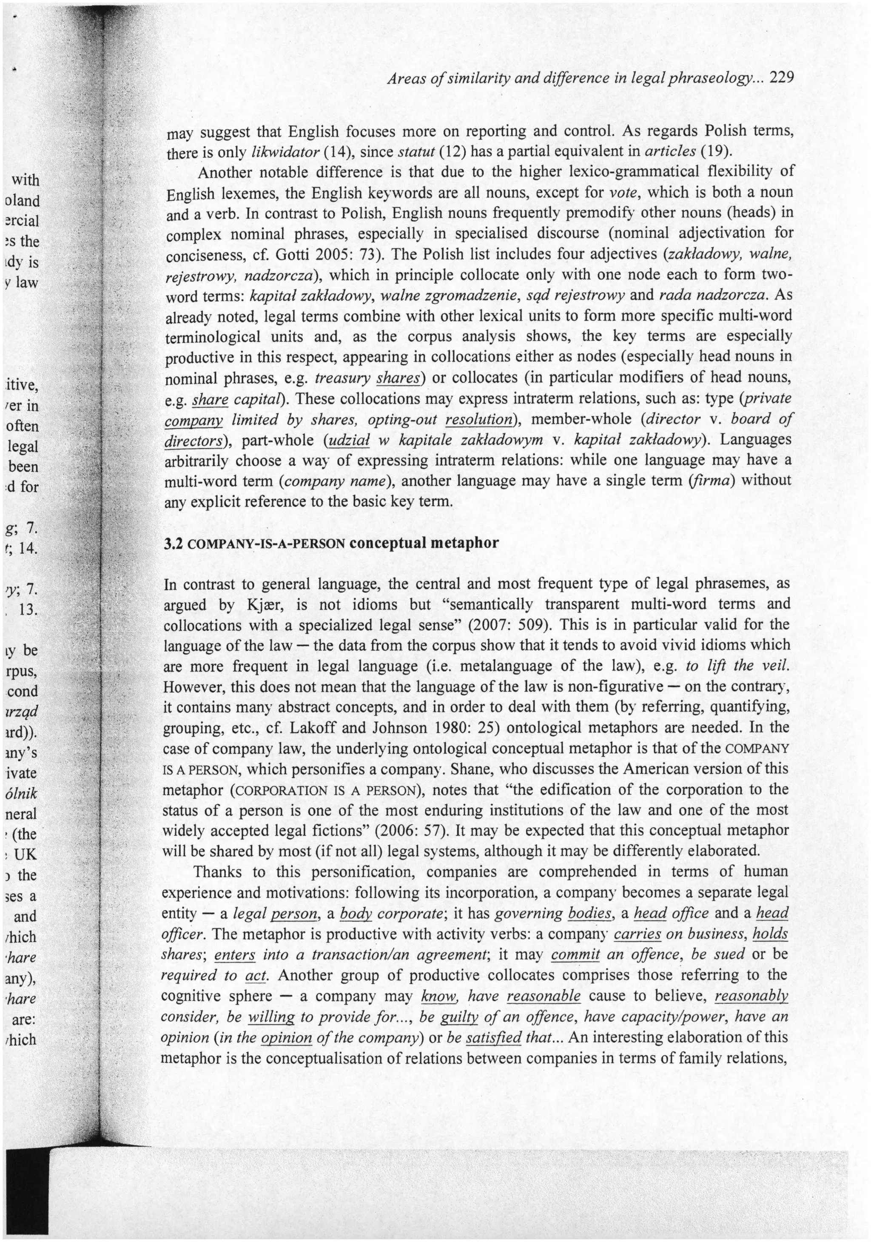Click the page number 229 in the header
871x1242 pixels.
tap(781, 78)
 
